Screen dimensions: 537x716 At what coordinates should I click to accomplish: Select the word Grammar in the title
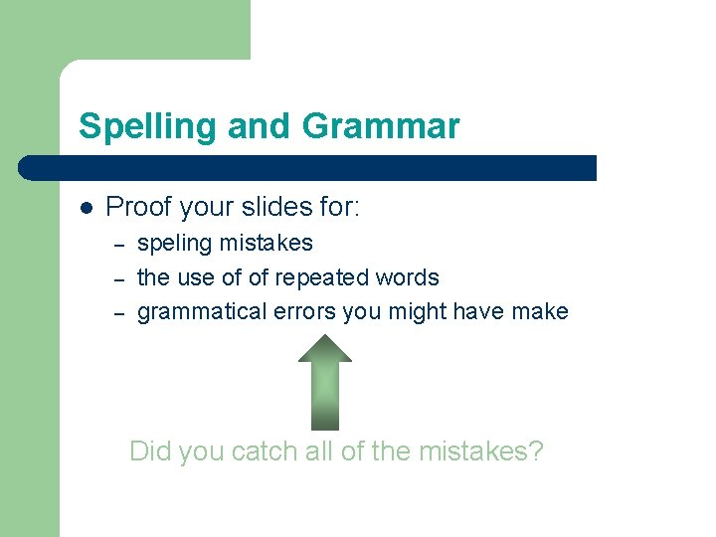(381, 127)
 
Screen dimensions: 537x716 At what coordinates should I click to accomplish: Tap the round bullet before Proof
(87, 209)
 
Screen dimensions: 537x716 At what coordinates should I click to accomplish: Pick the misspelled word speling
(174, 244)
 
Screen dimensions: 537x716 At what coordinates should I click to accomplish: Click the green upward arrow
(325, 388)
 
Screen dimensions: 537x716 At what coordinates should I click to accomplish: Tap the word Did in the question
(151, 452)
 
